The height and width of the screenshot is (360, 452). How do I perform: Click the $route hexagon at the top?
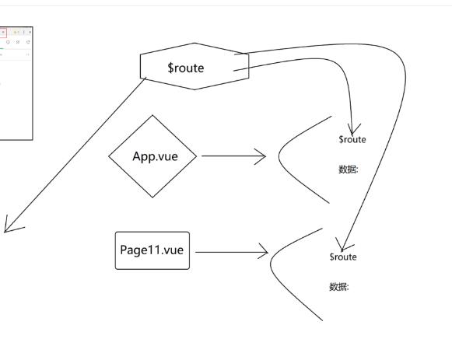[194, 67]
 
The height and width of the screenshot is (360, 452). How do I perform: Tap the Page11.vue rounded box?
[152, 250]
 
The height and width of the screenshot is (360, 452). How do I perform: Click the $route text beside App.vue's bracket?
[352, 140]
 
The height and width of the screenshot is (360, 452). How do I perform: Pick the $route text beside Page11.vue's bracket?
[343, 257]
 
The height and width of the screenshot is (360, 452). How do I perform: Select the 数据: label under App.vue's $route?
[349, 170]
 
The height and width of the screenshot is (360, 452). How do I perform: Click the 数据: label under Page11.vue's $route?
[339, 287]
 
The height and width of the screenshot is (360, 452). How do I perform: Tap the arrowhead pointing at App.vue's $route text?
[353, 129]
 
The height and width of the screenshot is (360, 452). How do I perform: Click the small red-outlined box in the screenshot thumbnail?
[2, 33]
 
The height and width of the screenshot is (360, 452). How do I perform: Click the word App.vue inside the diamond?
[155, 156]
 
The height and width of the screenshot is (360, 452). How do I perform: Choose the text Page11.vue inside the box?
[152, 250]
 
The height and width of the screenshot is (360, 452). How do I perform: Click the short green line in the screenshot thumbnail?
[2, 48]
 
